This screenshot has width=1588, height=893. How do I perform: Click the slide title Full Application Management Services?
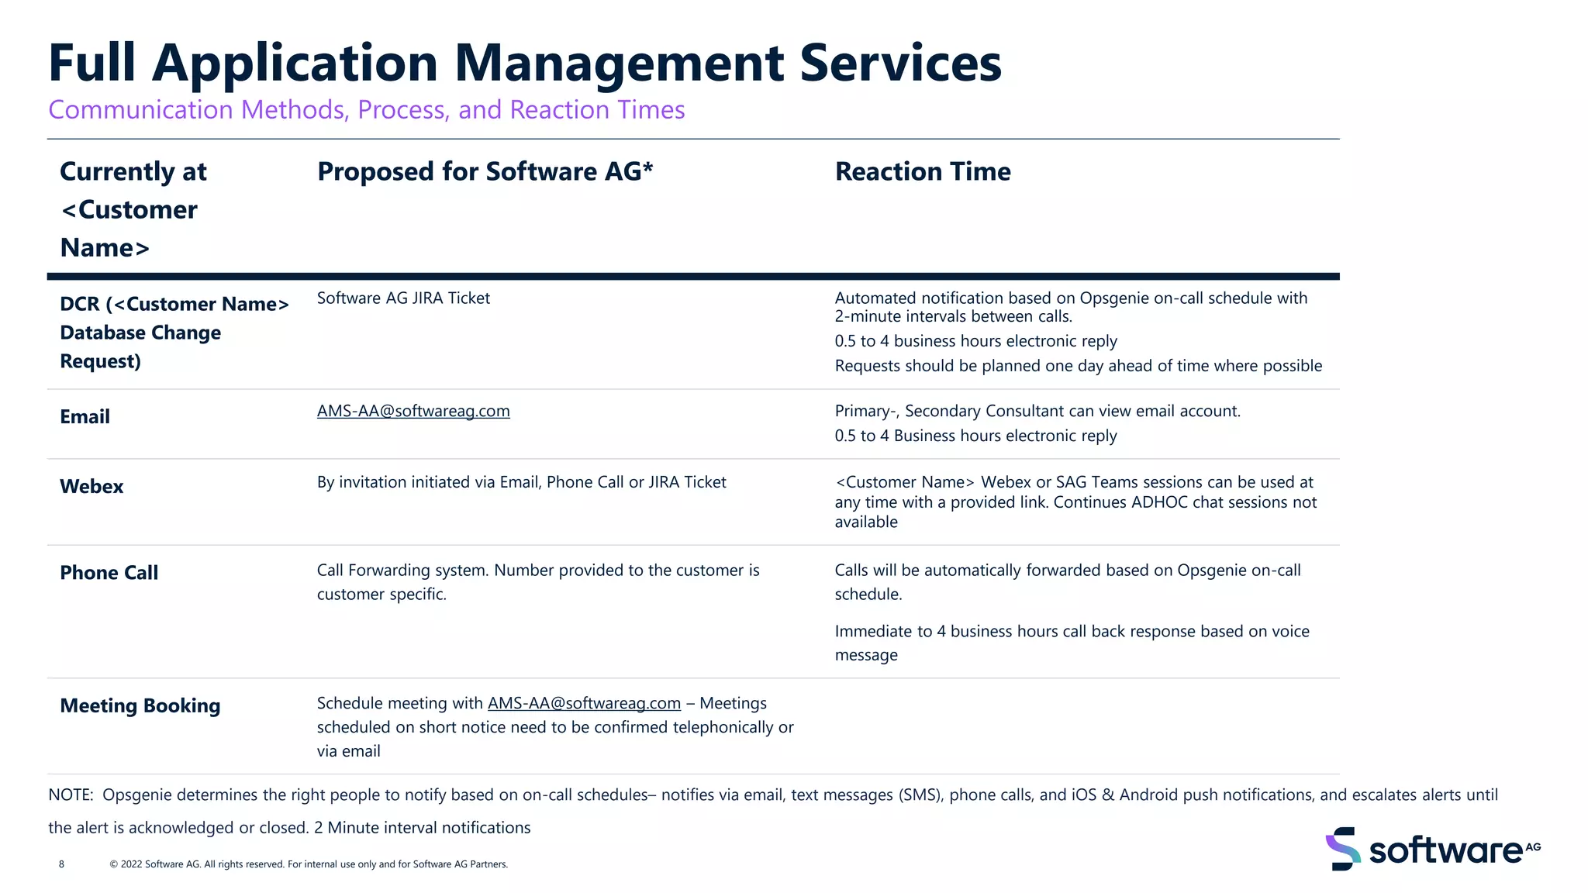coord(524,63)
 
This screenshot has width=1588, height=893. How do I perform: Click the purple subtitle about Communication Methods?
coord(366,110)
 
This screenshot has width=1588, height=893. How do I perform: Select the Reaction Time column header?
coord(922,171)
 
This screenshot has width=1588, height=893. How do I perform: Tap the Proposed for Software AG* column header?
coord(485,171)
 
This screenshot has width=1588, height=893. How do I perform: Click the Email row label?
coord(85,417)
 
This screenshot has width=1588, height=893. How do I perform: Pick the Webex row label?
coord(91,487)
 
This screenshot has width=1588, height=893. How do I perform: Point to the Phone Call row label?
coord(109,573)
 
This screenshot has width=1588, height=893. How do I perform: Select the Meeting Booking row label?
coord(140,706)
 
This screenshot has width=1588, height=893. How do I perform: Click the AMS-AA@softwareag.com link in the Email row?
coord(413,412)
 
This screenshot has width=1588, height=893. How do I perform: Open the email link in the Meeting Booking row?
coord(583,704)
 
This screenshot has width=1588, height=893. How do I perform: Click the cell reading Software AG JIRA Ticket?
coord(403,298)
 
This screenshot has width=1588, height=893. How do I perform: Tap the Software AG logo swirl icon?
coord(1342,849)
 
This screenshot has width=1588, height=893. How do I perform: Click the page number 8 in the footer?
coord(62,864)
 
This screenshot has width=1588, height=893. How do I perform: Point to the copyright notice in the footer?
coord(309,864)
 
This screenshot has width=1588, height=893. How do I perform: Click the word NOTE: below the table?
coord(71,795)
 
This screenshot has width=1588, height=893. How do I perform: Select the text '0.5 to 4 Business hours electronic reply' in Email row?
coord(975,436)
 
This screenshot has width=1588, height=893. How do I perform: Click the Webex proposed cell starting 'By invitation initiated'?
coord(521,483)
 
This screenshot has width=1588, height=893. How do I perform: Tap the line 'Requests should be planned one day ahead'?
coord(1078,366)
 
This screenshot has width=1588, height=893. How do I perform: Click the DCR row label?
coord(174,333)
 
